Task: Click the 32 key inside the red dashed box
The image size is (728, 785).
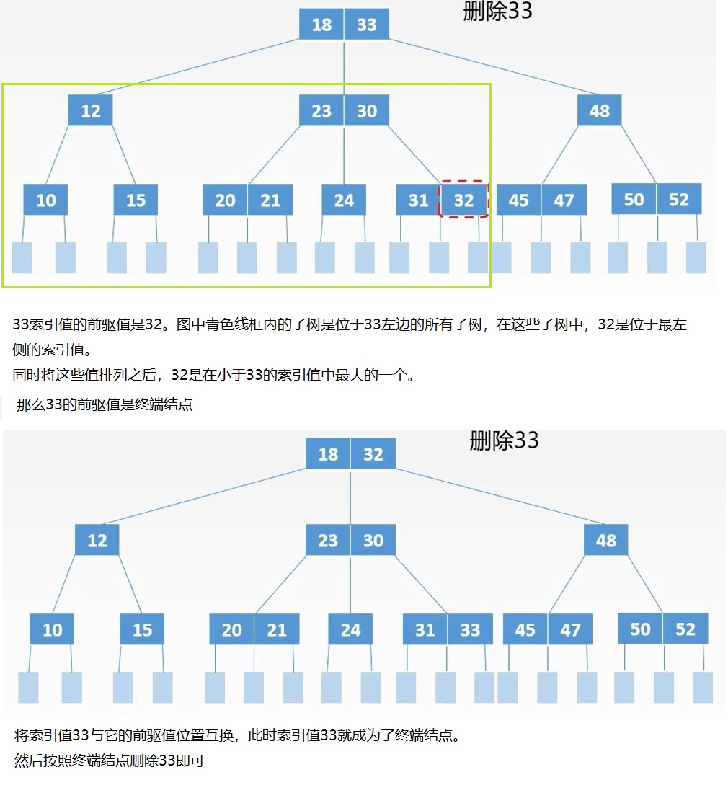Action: (x=463, y=200)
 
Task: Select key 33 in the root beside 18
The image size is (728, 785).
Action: (x=367, y=25)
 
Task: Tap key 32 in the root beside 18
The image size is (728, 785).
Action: (x=373, y=454)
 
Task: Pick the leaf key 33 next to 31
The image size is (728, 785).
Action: (x=470, y=630)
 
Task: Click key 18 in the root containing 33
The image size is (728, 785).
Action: (x=321, y=25)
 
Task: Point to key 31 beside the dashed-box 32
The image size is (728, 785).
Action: (x=418, y=200)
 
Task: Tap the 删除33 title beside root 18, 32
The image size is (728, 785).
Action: (x=504, y=440)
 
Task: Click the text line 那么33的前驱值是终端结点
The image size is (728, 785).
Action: (x=105, y=404)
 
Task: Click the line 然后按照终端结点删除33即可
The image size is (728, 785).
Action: (x=110, y=760)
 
